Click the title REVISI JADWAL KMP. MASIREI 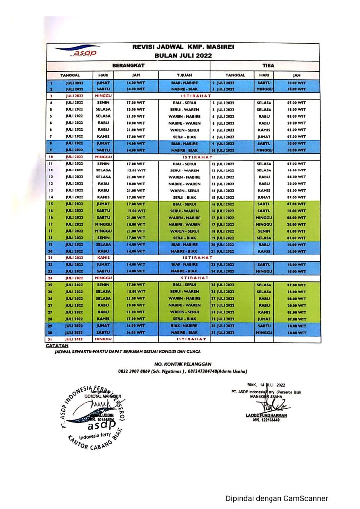183,47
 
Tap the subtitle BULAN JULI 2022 183,56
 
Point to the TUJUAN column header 184,75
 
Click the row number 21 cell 51,258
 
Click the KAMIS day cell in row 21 104,258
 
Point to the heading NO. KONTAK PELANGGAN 182,364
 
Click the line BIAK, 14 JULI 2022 266,385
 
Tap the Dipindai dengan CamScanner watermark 277,498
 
